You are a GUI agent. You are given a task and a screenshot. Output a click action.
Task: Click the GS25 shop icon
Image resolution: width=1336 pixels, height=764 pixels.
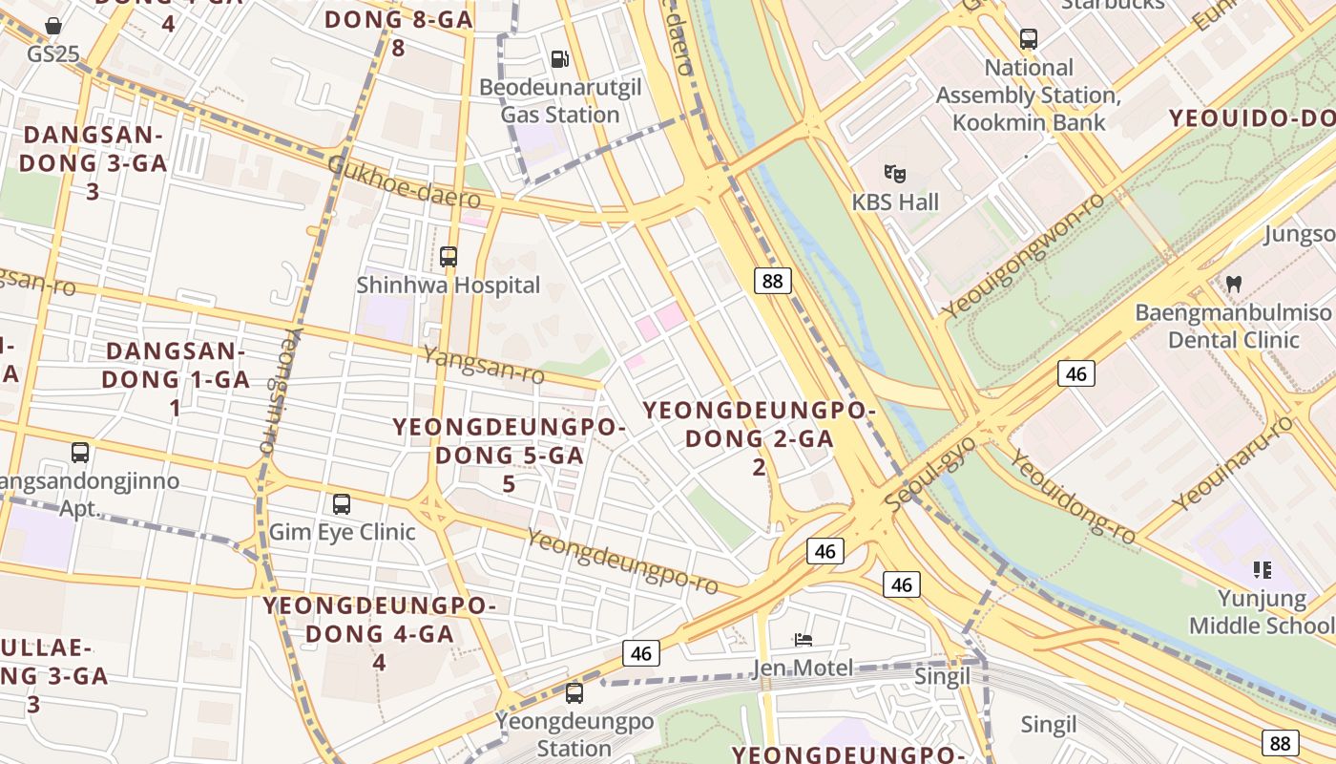click(x=54, y=26)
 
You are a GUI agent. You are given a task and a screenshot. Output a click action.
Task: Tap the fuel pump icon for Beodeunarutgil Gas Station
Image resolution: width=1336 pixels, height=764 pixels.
click(x=560, y=59)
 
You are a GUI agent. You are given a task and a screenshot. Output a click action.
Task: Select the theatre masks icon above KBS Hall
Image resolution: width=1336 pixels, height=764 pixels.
click(x=894, y=173)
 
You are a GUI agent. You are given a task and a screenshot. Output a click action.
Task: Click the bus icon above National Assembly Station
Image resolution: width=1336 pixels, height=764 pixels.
click(x=1028, y=39)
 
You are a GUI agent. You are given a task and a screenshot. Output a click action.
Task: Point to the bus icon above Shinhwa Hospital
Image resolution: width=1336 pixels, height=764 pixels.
click(x=448, y=256)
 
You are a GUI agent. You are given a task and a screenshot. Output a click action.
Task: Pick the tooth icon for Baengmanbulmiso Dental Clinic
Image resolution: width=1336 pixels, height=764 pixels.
click(x=1233, y=284)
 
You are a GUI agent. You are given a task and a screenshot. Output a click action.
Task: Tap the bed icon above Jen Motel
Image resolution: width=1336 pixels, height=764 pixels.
click(x=803, y=639)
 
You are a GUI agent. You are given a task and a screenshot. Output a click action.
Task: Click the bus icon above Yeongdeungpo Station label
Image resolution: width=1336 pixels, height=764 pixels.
click(x=574, y=693)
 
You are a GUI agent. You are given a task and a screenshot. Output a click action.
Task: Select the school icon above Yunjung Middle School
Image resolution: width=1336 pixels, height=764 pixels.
click(x=1263, y=570)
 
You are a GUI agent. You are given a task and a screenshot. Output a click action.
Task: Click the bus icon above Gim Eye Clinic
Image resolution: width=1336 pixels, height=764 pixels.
click(x=341, y=503)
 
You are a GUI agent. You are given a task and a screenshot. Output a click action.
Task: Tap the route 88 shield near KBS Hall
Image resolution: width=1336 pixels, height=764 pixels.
click(x=773, y=281)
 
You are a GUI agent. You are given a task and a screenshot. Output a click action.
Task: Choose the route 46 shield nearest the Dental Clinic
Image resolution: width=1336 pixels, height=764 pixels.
click(x=1075, y=373)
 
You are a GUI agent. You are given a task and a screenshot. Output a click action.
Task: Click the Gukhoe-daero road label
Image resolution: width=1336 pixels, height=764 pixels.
click(x=404, y=181)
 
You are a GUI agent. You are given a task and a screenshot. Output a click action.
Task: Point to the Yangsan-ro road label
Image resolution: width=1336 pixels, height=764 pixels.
click(x=483, y=365)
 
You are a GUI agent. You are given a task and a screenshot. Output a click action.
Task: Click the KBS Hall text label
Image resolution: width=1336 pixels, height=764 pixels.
click(x=895, y=202)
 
